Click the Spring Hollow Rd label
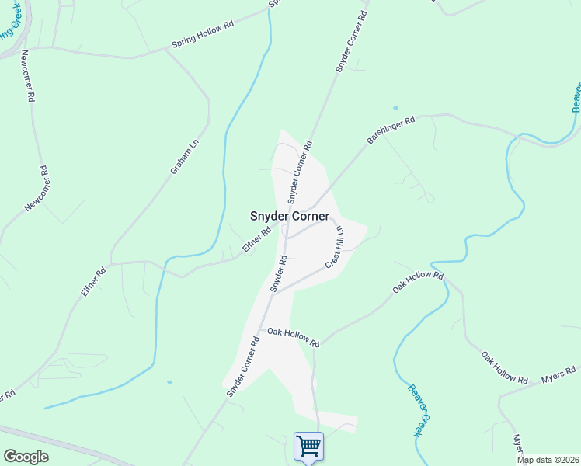pos(202,36)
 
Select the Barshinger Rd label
pos(391,131)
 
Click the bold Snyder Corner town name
pos(289,217)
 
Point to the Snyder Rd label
pos(279,275)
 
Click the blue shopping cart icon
pos(309,447)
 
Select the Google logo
pos(26,457)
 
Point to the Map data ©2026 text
pos(548,460)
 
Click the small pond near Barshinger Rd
pos(396,108)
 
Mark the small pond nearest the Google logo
pos(169,382)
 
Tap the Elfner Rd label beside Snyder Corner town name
pos(256,239)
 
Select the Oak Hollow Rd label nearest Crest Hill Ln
pos(417,281)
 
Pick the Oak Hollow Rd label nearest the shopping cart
pos(293,336)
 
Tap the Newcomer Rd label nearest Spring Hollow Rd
pos(27,77)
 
